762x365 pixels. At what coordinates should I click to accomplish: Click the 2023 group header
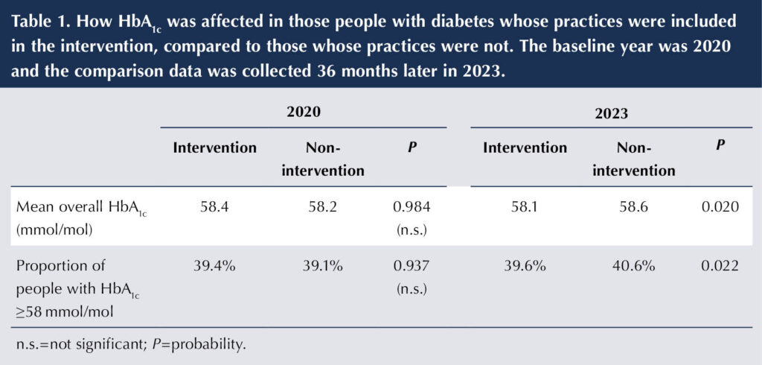coord(612,114)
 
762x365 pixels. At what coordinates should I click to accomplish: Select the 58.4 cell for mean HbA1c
coord(214,207)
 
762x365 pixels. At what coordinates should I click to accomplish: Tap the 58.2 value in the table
coord(323,207)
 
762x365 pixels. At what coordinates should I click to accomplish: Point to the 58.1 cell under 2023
coord(524,207)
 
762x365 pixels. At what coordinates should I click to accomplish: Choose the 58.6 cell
coord(633,207)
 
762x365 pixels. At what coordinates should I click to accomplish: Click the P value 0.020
coord(720,207)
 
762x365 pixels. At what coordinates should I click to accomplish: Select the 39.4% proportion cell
coord(214,266)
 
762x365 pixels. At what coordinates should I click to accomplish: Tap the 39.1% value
coord(323,266)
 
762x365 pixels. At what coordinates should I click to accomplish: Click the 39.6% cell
coord(524,266)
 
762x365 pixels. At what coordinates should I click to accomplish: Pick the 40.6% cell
coord(633,266)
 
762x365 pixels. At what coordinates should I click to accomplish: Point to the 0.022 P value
coord(720,266)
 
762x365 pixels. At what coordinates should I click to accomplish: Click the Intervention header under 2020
coord(214,147)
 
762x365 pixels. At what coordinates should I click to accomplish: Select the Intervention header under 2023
coord(524,147)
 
